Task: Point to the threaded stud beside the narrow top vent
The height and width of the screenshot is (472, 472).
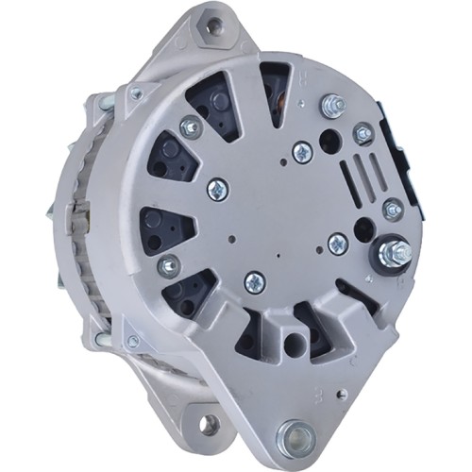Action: pos(332,104)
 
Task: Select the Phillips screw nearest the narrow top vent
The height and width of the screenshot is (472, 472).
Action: pos(302,151)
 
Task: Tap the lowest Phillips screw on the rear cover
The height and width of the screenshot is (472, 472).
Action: pos(254,281)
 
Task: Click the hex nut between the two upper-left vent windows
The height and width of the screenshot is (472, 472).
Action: pos(191,125)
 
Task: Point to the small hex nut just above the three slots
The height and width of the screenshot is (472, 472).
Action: pos(362,134)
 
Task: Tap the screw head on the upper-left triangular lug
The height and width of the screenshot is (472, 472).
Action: pos(136,93)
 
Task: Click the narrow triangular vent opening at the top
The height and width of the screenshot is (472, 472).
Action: pos(275,90)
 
